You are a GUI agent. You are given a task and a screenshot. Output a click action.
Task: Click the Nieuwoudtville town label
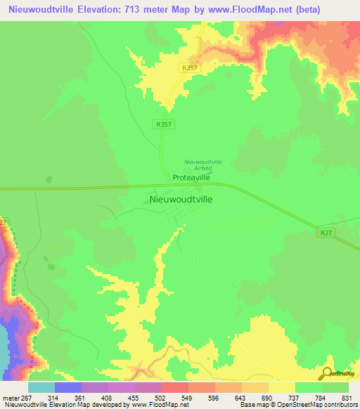pos(182,199)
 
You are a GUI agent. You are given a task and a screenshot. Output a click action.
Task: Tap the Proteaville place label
pos(191,178)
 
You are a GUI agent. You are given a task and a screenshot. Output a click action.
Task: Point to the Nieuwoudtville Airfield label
pos(202,165)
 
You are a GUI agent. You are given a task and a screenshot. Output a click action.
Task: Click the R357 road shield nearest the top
pos(187,67)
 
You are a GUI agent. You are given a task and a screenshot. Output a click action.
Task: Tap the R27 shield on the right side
pos(325,232)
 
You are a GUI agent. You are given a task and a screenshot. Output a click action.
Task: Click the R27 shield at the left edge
pos(4,222)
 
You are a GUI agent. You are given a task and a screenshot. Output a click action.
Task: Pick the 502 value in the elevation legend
pos(148,398)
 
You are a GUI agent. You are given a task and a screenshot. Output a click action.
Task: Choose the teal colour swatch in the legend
pos(41,387)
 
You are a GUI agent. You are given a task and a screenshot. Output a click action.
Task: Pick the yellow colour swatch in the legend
pos(282,387)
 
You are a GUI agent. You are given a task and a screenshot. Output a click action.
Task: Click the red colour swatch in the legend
pos(175,387)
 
